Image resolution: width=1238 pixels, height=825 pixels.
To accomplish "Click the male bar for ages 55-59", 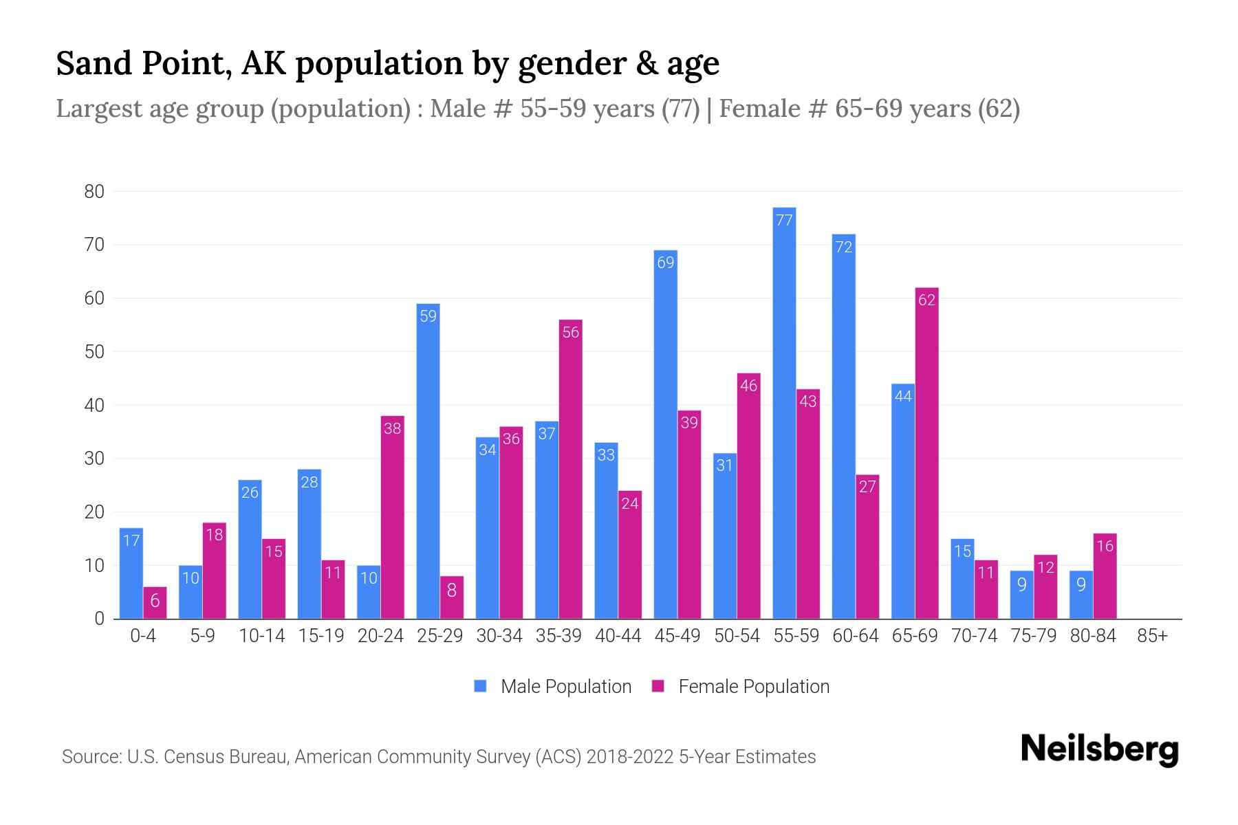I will click(784, 412).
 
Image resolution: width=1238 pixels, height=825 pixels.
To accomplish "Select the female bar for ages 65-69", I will click(926, 454).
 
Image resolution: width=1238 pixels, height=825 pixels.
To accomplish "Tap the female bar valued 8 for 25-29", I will click(452, 597).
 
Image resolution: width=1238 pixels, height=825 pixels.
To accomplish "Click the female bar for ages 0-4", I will click(155, 603).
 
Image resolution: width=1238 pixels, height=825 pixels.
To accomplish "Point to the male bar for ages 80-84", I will click(1081, 595).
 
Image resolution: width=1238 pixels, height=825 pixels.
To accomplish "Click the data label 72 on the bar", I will click(844, 247).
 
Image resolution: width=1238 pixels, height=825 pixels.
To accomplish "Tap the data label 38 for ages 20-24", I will click(392, 428).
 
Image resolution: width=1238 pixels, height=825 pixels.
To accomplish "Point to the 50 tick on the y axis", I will click(94, 352).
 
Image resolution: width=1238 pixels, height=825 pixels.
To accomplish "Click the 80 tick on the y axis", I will click(94, 192).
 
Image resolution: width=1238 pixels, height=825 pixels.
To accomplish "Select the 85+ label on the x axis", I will click(1152, 636).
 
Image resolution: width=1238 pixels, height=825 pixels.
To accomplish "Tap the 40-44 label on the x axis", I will click(618, 636).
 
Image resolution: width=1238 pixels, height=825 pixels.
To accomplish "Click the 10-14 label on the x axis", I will click(261, 636).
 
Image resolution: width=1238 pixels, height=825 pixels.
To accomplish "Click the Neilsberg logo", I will click(1099, 749).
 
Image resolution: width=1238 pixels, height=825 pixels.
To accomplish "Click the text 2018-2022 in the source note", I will click(630, 757).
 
